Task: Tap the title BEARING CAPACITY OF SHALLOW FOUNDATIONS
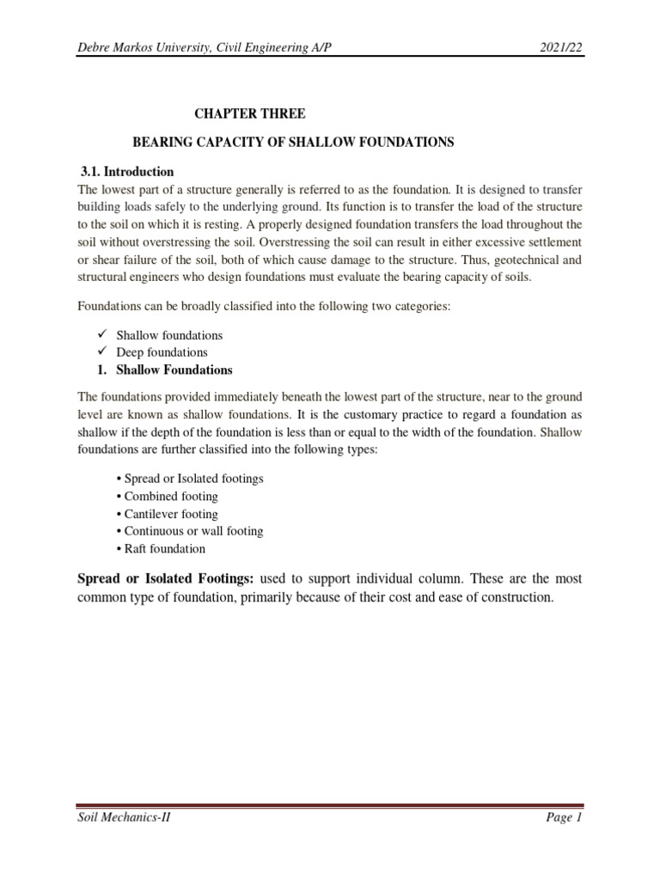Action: click(290, 143)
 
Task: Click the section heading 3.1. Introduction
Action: click(126, 171)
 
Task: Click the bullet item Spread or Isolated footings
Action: click(188, 479)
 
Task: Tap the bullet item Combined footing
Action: click(166, 496)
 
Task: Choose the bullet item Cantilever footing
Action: click(166, 514)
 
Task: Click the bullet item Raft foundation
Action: click(159, 548)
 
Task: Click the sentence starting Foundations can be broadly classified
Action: click(264, 305)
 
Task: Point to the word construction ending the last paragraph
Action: click(513, 597)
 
